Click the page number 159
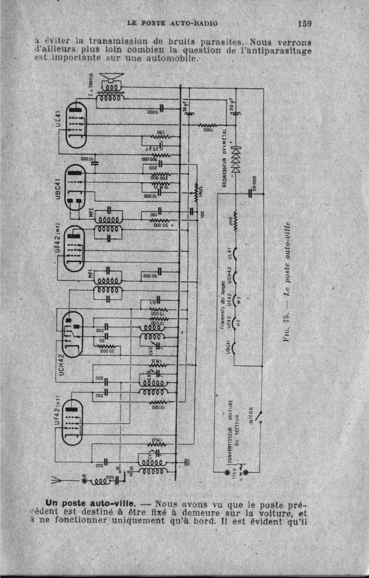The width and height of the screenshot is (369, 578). pos(305,23)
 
